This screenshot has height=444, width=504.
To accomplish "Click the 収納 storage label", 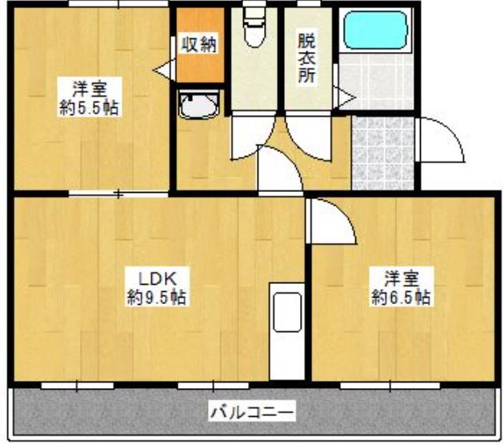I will pyautogui.click(x=198, y=45).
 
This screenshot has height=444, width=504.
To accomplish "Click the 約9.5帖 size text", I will pyautogui.click(x=157, y=298).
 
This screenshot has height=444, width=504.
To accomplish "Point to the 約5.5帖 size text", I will pyautogui.click(x=89, y=108).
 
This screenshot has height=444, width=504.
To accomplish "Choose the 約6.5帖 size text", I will pyautogui.click(x=401, y=298).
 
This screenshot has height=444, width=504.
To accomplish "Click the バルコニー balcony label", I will pyautogui.click(x=252, y=414).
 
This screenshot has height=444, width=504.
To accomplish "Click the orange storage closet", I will pyautogui.click(x=198, y=48).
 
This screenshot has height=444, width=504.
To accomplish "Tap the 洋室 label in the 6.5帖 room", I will pyautogui.click(x=401, y=278).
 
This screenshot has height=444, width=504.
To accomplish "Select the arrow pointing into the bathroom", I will pyautogui.click(x=346, y=98).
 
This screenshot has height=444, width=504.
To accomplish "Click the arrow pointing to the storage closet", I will pyautogui.click(x=163, y=70).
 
